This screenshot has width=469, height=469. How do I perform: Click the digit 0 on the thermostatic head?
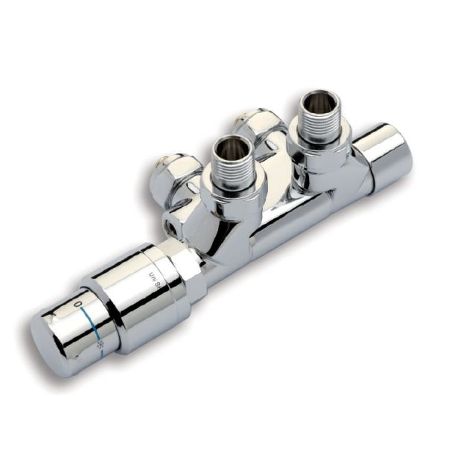click(78, 305)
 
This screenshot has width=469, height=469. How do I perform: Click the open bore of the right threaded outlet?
click(320, 102)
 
